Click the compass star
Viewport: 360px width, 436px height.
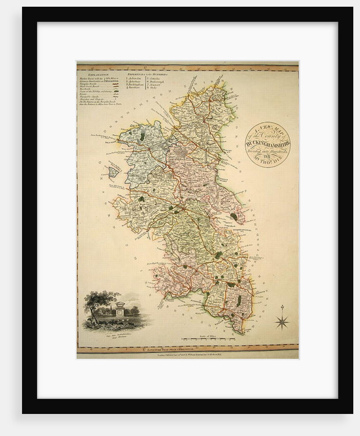point(282,322)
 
